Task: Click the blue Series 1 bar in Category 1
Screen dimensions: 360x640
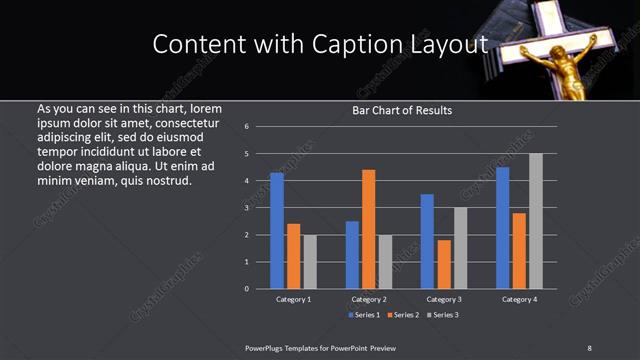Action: click(277, 231)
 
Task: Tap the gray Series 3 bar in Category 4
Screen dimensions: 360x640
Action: click(536, 221)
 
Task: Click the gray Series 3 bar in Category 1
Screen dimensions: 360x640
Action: click(310, 262)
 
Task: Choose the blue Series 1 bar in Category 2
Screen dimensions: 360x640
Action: click(352, 255)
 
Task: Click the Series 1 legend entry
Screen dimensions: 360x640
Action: click(362, 315)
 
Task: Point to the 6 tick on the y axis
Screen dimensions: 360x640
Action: click(246, 127)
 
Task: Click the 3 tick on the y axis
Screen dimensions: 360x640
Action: click(246, 208)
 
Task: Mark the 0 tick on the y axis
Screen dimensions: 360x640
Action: click(246, 289)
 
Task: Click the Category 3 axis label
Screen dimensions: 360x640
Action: click(444, 299)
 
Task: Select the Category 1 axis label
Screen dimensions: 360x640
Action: click(294, 299)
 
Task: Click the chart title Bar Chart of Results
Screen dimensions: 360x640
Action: click(402, 110)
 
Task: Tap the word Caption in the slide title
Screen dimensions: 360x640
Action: click(366, 45)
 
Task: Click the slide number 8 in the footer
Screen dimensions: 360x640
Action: click(589, 348)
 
